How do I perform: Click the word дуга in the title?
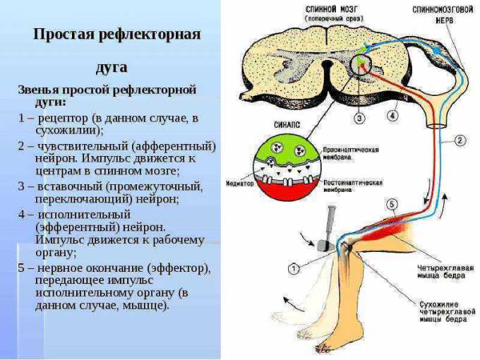click(112, 67)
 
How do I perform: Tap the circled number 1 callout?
click(294, 268)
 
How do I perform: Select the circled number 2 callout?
click(460, 140)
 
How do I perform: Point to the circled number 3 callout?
click(359, 119)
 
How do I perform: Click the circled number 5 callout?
click(392, 205)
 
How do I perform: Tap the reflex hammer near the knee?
click(329, 226)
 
